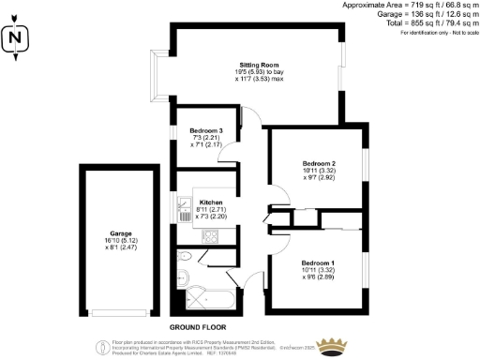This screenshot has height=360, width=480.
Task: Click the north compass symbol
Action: point(14,38)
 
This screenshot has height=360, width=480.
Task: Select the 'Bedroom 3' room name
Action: point(205,130)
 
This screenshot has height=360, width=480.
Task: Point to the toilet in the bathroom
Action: point(185,255)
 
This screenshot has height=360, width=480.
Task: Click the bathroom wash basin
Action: point(183,277)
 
